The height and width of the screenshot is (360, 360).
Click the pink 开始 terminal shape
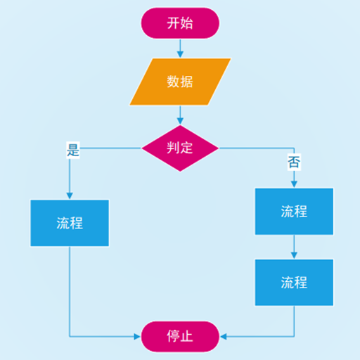click(180, 23)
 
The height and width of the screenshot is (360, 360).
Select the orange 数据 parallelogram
click(180, 82)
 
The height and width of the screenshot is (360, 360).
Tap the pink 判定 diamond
click(180, 148)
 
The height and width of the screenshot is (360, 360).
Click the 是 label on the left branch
click(73, 150)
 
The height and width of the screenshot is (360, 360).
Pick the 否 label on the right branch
click(294, 162)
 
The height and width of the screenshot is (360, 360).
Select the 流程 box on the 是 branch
click(70, 223)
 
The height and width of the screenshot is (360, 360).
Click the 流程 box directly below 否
click(294, 211)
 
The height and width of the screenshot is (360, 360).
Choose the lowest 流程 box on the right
click(294, 283)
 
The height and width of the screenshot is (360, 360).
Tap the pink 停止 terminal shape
click(180, 337)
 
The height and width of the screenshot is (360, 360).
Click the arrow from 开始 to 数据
click(180, 49)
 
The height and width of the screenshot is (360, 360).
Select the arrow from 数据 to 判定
click(180, 115)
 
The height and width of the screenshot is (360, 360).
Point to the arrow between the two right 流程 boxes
click(294, 247)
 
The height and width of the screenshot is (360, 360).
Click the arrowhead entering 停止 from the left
click(137, 337)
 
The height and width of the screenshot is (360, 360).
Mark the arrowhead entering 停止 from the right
click(223, 337)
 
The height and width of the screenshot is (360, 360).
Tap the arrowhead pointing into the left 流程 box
click(70, 196)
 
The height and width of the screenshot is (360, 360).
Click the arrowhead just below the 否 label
click(294, 184)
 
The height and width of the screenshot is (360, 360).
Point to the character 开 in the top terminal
click(173, 23)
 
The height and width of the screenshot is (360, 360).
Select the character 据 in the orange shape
click(187, 82)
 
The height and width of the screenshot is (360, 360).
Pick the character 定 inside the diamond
click(187, 148)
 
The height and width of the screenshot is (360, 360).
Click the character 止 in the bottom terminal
click(187, 336)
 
